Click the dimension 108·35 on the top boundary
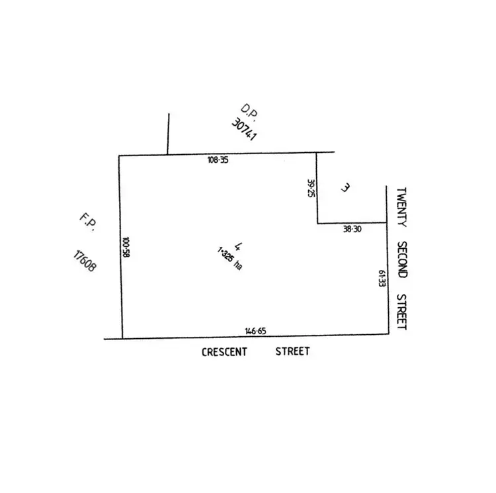(x=218, y=160)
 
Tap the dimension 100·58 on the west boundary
(x=126, y=248)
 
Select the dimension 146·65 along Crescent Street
(x=255, y=330)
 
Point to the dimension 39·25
(x=310, y=188)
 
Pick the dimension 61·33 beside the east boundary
(x=382, y=278)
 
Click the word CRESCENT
(x=224, y=352)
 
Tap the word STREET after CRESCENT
(x=292, y=351)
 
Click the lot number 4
(x=227, y=247)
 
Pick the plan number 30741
(x=244, y=130)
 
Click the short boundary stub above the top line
(x=168, y=134)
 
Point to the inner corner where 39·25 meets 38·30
(x=317, y=223)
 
